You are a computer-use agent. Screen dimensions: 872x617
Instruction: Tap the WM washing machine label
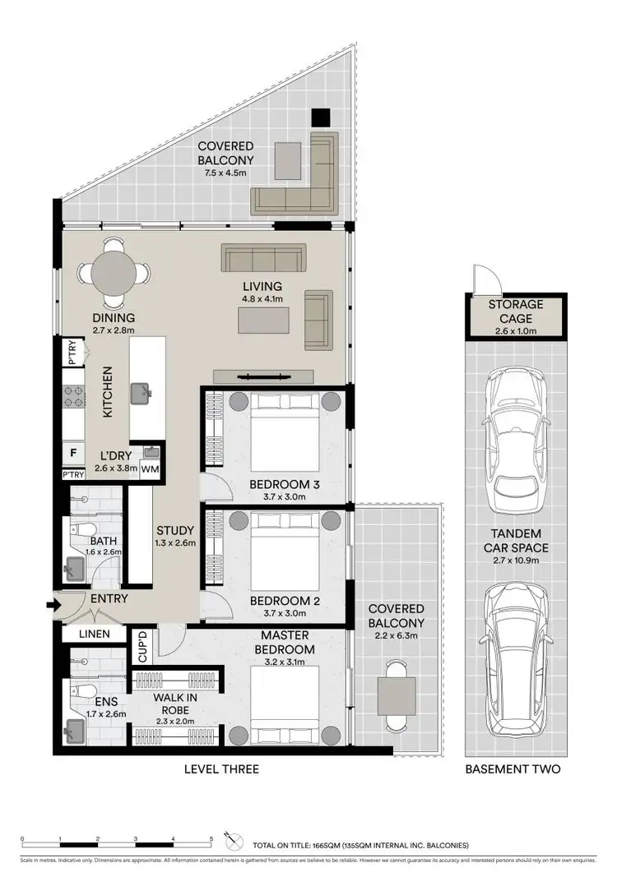coord(151,468)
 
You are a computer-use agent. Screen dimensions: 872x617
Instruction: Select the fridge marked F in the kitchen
coord(74,453)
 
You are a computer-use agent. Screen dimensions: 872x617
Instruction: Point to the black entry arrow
coord(55,607)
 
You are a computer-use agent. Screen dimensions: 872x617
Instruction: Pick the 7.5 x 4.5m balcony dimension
coord(225,174)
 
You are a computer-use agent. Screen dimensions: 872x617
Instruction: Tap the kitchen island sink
coord(145,391)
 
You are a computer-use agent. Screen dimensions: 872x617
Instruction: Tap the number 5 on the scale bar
coord(211,840)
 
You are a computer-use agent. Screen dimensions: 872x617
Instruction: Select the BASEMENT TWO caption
coord(513,769)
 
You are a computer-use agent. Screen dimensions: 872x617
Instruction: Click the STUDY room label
coord(175,530)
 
